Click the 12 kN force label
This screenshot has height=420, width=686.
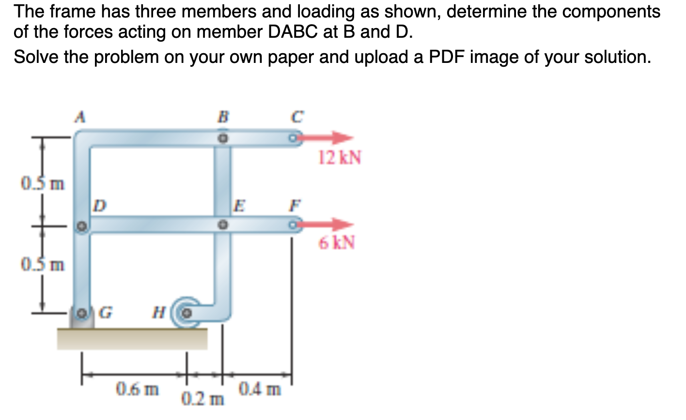point(340,158)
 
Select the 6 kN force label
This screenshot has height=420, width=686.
point(337,242)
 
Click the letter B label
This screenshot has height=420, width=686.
point(223,117)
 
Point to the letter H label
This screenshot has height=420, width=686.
point(157,312)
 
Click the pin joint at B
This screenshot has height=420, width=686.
point(222,138)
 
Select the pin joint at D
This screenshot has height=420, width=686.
point(82,226)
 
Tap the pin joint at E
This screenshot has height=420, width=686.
point(222,225)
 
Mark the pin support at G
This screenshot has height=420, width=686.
point(82,314)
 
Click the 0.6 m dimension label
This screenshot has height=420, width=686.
point(137,389)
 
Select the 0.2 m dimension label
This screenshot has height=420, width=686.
point(203,400)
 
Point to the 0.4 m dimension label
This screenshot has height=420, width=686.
point(260,389)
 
